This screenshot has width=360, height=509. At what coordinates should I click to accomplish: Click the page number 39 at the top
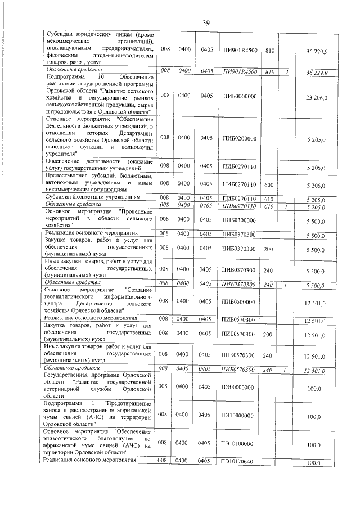(x=206, y=22)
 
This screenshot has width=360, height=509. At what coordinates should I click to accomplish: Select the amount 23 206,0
(x=317, y=97)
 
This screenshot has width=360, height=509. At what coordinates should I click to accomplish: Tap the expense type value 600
(x=268, y=185)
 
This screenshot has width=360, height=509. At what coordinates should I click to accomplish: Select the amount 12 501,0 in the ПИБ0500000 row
(x=316, y=303)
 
